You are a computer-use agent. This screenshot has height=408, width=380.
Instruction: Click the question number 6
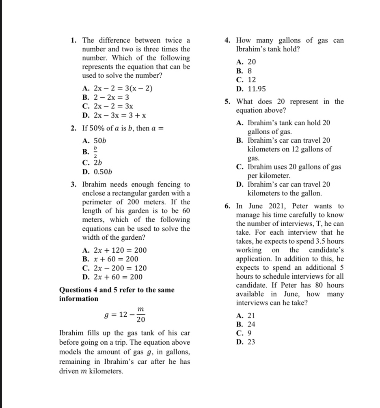tap(228, 206)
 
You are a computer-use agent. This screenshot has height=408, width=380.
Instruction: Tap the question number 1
tap(73, 41)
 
